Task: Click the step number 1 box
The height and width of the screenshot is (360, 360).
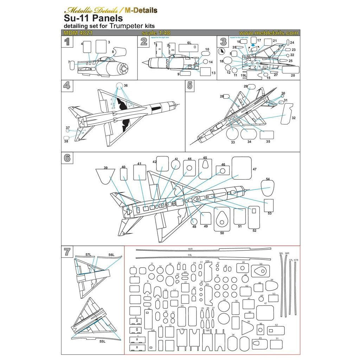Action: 67,42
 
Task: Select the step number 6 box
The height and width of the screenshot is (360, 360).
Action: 67,158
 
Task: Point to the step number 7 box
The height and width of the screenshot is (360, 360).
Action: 67,252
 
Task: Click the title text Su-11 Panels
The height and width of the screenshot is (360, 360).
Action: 93,18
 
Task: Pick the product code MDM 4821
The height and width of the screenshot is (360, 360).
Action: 75,33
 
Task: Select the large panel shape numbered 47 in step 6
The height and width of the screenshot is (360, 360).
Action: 242,168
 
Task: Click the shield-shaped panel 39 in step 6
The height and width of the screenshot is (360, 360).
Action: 105,175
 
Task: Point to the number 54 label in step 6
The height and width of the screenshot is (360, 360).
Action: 268,179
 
